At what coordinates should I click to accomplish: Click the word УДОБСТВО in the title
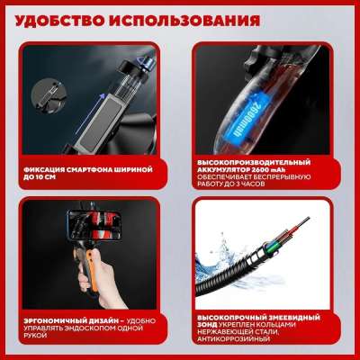click(x=59, y=22)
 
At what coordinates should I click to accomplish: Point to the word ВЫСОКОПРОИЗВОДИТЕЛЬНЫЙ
click(x=254, y=163)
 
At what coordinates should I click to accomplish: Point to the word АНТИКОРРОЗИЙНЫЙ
click(x=232, y=339)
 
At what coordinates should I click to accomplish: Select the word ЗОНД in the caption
click(x=207, y=325)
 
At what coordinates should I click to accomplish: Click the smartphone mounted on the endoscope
click(x=95, y=225)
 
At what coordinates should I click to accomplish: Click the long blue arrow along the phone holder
click(x=88, y=114)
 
